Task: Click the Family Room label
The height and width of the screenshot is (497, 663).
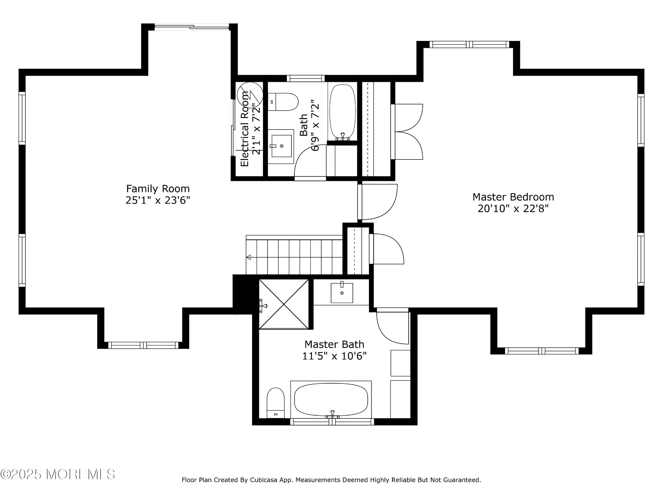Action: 158,189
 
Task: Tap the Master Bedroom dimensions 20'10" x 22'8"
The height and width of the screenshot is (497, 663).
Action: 513,209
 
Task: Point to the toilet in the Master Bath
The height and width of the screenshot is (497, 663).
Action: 275,403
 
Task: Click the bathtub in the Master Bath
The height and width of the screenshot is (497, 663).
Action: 331,400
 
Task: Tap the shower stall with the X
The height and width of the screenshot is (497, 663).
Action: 284,304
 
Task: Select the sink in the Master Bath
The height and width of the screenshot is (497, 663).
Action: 342,293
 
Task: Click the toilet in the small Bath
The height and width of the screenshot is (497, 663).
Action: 283,102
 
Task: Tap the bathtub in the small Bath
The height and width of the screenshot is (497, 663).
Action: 343,112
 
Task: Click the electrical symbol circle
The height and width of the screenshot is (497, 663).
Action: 250,95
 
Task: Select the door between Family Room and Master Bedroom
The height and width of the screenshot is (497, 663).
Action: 378,202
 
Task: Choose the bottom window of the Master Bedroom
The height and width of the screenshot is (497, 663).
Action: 542,351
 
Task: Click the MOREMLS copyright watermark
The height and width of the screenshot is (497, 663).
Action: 57,474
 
